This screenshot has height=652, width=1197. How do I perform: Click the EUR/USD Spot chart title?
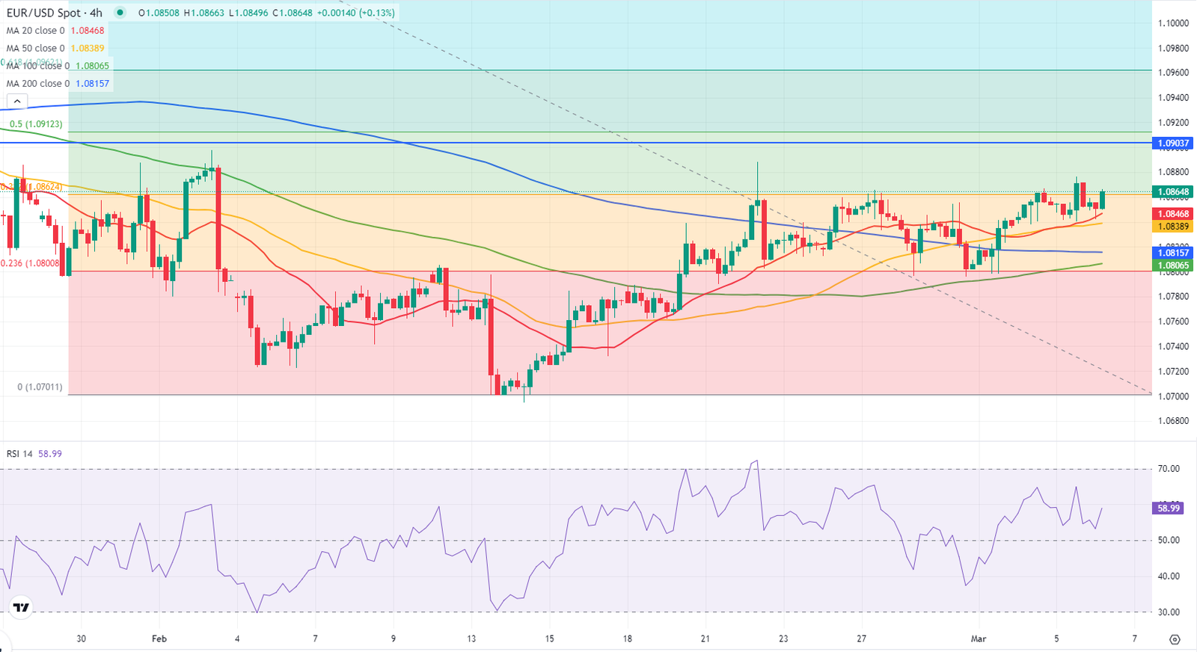[54, 13]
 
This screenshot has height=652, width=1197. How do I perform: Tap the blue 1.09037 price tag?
[1173, 143]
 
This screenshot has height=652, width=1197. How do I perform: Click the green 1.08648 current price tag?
[1173, 192]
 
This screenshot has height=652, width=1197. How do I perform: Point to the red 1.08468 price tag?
[1173, 214]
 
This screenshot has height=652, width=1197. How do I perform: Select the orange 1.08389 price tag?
[1173, 227]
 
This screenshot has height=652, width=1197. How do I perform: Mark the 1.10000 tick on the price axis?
[1173, 23]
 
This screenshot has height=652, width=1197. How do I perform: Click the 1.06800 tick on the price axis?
[1173, 421]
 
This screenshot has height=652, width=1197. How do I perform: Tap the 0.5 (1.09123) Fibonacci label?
[36, 124]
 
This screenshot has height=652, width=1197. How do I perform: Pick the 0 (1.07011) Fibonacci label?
[40, 387]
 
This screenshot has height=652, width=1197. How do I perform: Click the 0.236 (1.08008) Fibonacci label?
[30, 263]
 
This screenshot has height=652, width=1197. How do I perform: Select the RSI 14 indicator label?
[19, 454]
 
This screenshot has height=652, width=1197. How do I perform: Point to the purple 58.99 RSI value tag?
[1169, 508]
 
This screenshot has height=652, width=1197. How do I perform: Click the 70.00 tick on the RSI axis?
[1169, 469]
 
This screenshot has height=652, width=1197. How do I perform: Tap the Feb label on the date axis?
[159, 639]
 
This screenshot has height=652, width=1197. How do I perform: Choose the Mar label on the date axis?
[978, 639]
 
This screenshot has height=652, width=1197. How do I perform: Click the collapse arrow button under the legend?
[17, 102]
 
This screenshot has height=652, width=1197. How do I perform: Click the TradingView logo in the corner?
[20, 609]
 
